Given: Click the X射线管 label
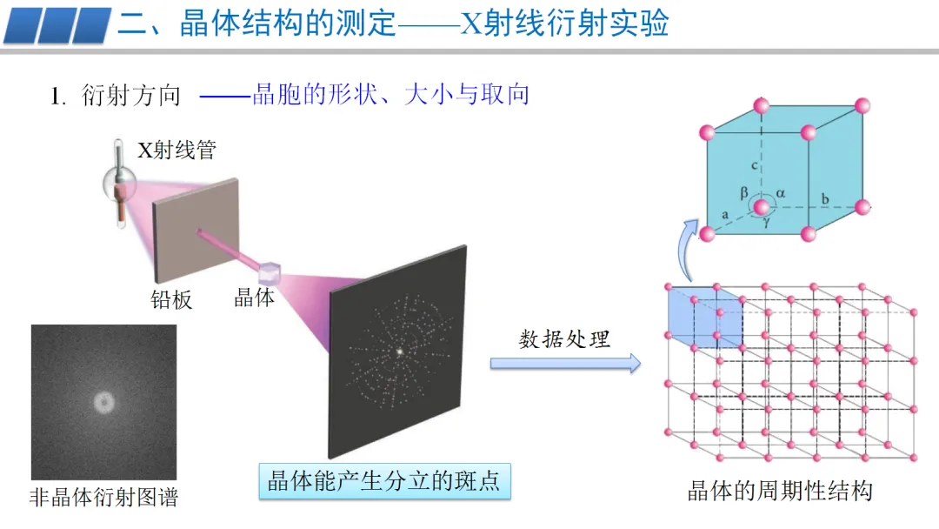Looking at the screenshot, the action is coord(176,151).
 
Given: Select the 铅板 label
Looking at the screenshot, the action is coord(171,300).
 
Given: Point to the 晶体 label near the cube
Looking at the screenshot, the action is coord(254,298).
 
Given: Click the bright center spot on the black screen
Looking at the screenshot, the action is coord(400,352).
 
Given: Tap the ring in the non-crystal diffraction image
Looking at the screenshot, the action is coord(104,402).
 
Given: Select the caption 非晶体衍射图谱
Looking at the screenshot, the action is coord(103,498).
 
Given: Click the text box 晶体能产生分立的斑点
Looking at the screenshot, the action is coord(384,480).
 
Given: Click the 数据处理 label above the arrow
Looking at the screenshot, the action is coord(564,338).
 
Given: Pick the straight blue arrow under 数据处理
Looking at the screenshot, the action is coord(564,363).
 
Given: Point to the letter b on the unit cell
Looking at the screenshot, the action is coord(825,199).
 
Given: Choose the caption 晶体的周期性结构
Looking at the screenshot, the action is coord(779,491).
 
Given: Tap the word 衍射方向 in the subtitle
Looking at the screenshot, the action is coord(130,95).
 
